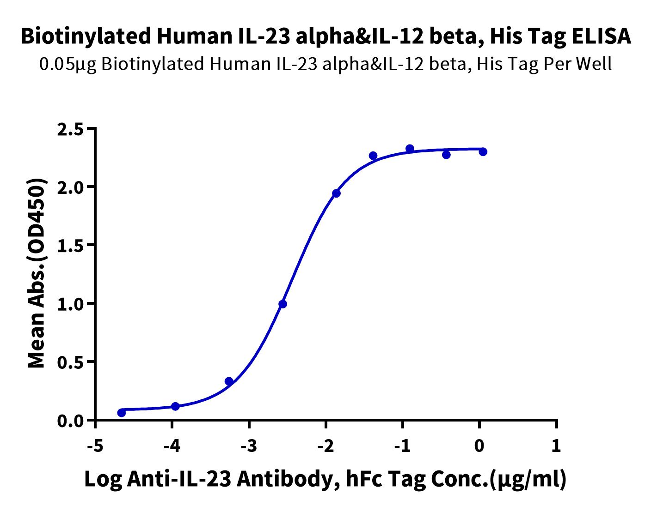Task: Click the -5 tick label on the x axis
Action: pyautogui.click(x=96, y=446)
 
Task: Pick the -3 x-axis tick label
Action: pyautogui.click(x=249, y=446)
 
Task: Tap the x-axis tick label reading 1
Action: pyautogui.click(x=556, y=446)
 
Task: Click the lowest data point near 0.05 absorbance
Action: pyautogui.click(x=122, y=413)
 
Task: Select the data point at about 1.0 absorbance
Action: pyautogui.click(x=283, y=304)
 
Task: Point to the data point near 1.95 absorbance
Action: pyautogui.click(x=336, y=193)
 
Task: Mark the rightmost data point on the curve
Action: pyautogui.click(x=483, y=151)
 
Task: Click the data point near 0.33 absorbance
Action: pyautogui.click(x=229, y=381)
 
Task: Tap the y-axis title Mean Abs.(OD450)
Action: pyautogui.click(x=37, y=274)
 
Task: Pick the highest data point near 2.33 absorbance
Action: pyautogui.click(x=410, y=149)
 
